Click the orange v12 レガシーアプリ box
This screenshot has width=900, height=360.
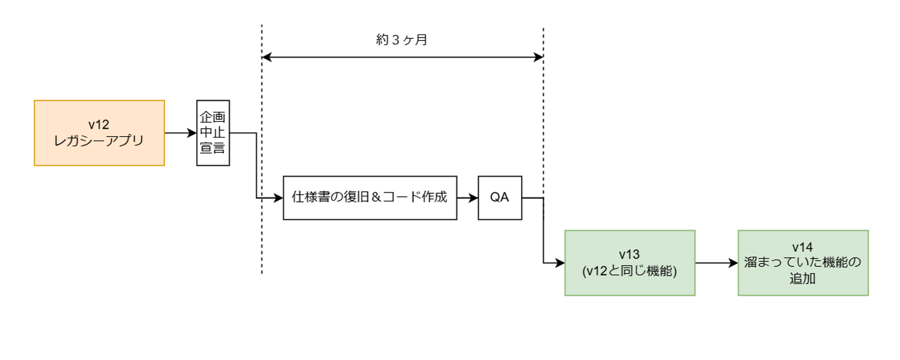point(99,132)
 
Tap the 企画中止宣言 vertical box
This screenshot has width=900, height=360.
point(212,132)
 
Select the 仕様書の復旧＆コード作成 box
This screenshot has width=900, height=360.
point(370,197)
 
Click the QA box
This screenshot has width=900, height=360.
point(500,197)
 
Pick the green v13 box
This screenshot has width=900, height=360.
point(629,262)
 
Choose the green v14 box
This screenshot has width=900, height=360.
point(802,262)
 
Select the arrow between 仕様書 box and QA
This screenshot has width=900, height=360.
point(467,197)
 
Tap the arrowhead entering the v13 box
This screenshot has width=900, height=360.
point(560,263)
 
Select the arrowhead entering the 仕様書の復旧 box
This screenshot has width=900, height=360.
point(279,197)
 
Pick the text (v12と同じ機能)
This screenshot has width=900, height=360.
point(629,271)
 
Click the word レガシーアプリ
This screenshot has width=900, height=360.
point(99,141)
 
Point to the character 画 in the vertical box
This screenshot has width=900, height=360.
point(219,118)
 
